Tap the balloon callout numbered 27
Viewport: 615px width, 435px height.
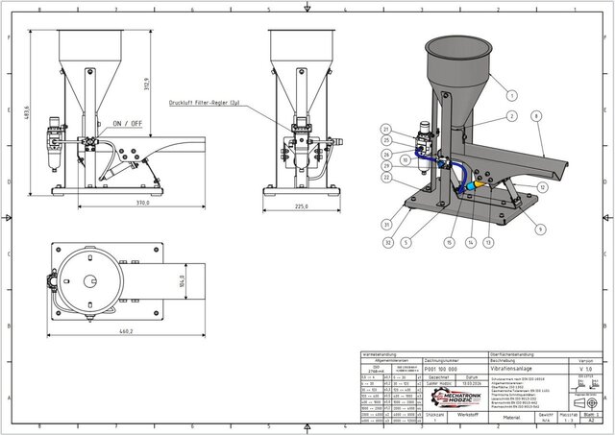[385, 130]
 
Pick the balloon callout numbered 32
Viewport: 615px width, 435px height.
[386, 244]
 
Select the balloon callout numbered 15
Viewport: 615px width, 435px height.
[448, 244]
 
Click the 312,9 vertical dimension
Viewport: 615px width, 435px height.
[146, 85]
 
